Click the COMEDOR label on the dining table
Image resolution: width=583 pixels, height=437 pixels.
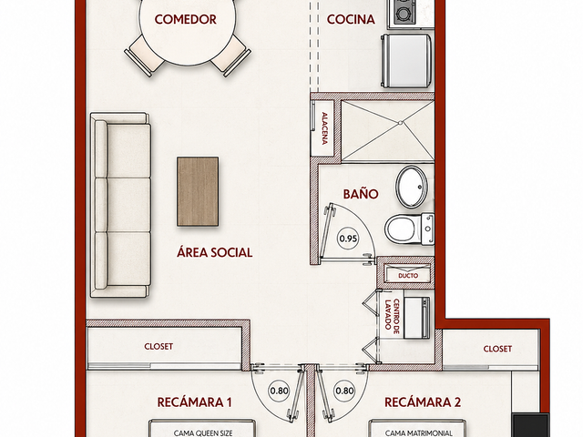pyautogui.click(x=185, y=19)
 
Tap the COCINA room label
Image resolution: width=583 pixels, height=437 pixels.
pyautogui.click(x=351, y=19)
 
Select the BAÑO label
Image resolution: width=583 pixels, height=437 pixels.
pyautogui.click(x=361, y=194)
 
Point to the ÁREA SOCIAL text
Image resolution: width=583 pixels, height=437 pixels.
pyautogui.click(x=215, y=252)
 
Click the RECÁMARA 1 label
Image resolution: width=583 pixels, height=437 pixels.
pyautogui.click(x=194, y=401)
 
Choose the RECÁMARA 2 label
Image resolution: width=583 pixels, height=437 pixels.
pyautogui.click(x=423, y=401)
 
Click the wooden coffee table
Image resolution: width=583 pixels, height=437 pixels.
pyautogui.click(x=198, y=191)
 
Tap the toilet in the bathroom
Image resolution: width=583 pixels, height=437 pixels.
pyautogui.click(x=409, y=229)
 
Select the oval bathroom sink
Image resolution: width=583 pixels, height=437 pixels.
pyautogui.click(x=411, y=187)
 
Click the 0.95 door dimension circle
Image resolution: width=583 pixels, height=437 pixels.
pyautogui.click(x=348, y=239)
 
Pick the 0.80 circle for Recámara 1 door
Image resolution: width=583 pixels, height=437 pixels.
pyautogui.click(x=280, y=391)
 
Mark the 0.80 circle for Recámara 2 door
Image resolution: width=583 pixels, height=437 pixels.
pyautogui.click(x=344, y=391)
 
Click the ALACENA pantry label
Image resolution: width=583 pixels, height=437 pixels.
pyautogui.click(x=324, y=128)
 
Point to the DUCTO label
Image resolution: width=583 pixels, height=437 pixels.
pyautogui.click(x=408, y=276)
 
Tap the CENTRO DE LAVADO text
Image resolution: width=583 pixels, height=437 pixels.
pyautogui.click(x=393, y=314)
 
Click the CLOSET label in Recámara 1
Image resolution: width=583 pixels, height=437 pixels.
pyautogui.click(x=159, y=346)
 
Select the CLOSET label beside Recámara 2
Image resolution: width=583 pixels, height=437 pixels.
pyautogui.click(x=497, y=349)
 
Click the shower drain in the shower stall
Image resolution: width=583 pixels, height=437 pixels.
pyautogui.click(x=401, y=123)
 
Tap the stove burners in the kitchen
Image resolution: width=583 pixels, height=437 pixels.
pyautogui.click(x=403, y=10)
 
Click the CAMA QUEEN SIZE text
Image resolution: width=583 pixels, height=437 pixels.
pyautogui.click(x=203, y=433)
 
